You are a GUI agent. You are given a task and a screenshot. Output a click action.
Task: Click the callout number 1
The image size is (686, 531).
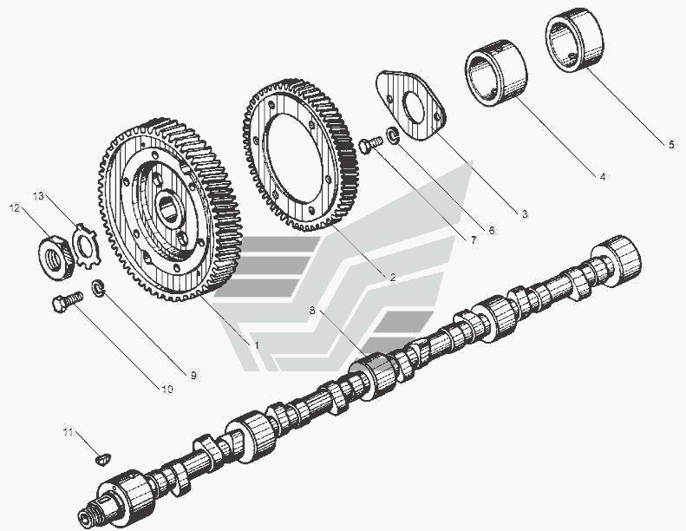click(257, 345)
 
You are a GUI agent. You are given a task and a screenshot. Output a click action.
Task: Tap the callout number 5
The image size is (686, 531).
click(671, 144)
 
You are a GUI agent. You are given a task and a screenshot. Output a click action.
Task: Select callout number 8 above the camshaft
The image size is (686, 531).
click(312, 311)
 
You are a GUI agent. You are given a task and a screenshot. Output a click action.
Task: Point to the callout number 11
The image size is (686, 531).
click(68, 431)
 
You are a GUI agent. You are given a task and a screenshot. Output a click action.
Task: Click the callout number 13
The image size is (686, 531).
click(38, 196)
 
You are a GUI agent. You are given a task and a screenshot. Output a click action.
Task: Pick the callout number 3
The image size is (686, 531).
click(525, 214)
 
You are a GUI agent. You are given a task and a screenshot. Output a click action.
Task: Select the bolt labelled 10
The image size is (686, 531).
click(68, 301)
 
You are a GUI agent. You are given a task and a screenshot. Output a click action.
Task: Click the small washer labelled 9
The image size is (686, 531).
click(99, 289)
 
